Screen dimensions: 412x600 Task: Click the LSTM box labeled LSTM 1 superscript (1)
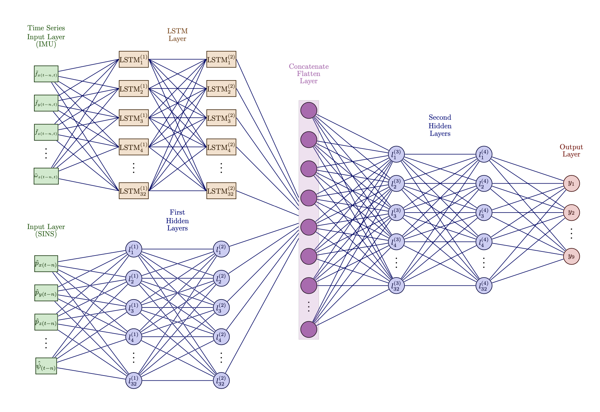point(134,59)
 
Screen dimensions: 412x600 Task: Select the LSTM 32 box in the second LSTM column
point(221,191)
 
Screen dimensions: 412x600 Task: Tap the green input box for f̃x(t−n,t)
point(46,74)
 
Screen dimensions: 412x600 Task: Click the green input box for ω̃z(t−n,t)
point(46,176)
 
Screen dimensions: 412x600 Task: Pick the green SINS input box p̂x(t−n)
point(46,264)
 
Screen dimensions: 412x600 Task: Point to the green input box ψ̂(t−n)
point(46,366)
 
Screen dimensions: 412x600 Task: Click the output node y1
point(571,183)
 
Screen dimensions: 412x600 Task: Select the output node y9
point(571,256)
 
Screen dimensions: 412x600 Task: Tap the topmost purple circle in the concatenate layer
point(309,110)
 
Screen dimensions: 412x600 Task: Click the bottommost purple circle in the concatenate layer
point(309,329)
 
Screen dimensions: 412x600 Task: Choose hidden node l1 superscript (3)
point(396,154)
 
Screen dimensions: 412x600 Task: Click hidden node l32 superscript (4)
point(484,285)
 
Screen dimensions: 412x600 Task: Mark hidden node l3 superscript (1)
point(134,307)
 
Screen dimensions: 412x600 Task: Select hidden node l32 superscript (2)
point(221,380)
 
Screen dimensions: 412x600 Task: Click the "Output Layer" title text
point(571,151)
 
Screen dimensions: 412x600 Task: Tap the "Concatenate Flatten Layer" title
point(309,74)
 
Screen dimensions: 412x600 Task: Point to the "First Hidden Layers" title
point(177,220)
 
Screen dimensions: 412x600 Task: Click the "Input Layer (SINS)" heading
point(46,230)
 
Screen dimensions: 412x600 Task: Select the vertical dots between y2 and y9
point(571,234)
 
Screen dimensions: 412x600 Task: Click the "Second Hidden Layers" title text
point(440,126)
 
